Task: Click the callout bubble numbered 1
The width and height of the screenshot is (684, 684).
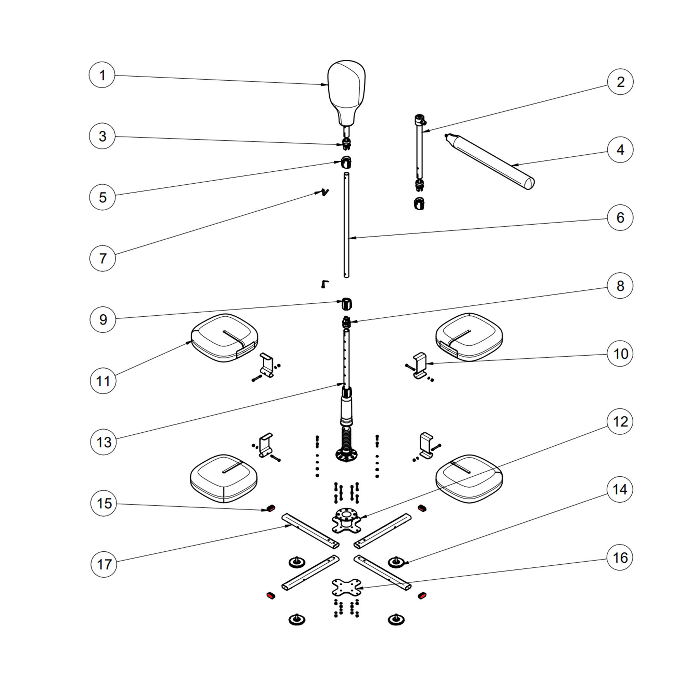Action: coord(102,75)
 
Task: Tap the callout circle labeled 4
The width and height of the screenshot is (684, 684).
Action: coord(620,150)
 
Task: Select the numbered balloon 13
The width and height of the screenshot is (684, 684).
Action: coord(103,442)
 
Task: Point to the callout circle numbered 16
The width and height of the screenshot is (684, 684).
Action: coord(620,557)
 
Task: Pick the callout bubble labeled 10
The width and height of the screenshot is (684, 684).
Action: coord(620,353)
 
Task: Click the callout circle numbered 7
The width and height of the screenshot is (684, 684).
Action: coord(103,259)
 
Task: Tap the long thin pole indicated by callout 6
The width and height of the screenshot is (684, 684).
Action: coord(346,227)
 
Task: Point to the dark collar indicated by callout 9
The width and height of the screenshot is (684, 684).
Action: coord(346,304)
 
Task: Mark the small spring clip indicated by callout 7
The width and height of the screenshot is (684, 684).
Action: coord(324,192)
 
